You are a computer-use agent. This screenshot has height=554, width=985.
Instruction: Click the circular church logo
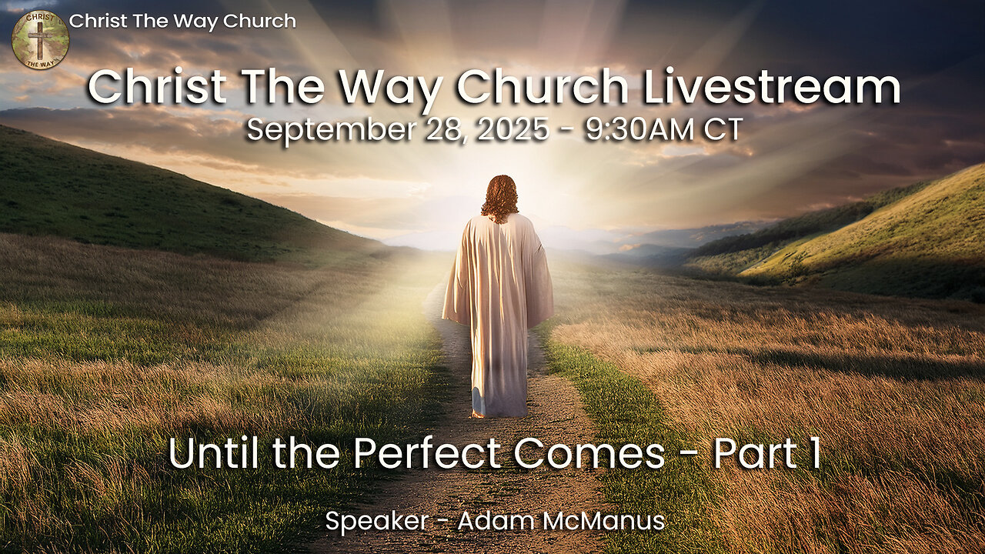coord(40,40)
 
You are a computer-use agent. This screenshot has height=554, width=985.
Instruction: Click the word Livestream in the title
coord(772,87)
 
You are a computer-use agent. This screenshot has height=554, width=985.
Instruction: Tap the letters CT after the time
coord(723,130)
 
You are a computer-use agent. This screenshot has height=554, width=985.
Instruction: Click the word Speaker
coord(377,522)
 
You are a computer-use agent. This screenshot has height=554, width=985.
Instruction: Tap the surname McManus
coord(603,521)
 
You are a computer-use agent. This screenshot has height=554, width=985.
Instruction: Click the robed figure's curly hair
coord(500,199)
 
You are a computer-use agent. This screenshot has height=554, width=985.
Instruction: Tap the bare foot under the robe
coord(478,413)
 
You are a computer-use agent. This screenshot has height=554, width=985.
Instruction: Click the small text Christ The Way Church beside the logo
coord(182,22)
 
